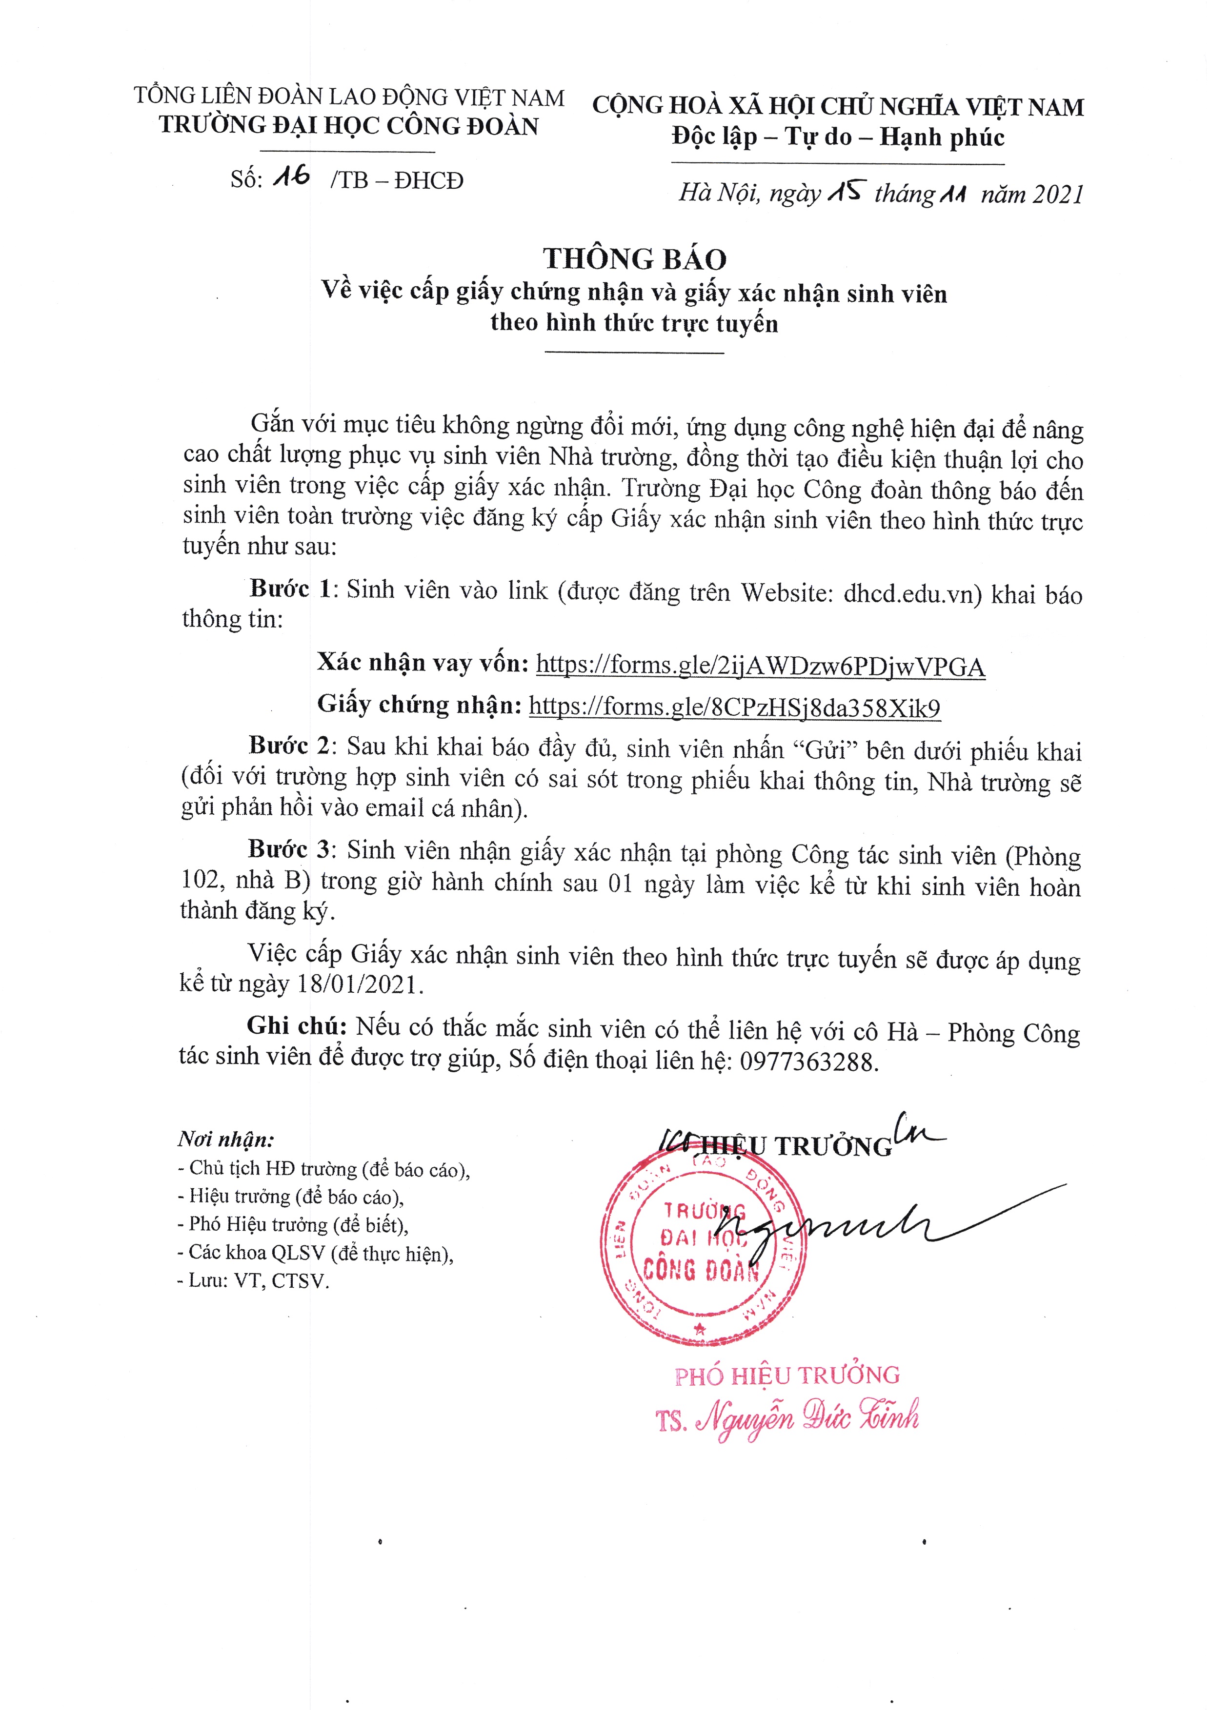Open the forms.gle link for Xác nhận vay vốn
click(761, 665)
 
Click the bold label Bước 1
click(289, 589)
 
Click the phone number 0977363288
click(809, 1061)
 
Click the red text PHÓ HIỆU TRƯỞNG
click(787, 1376)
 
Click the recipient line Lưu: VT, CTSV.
click(253, 1281)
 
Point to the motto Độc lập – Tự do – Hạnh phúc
click(837, 137)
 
